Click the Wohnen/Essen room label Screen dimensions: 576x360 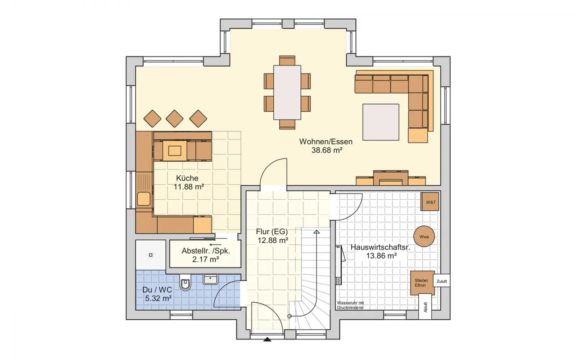click(325, 142)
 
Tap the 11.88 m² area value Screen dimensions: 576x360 click(189, 187)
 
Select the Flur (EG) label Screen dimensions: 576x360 click(272, 232)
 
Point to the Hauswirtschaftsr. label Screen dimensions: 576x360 click(380, 247)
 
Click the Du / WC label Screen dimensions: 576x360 click(157, 290)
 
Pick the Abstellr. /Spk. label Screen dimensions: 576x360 click(206, 251)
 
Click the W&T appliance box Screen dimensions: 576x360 click(430, 202)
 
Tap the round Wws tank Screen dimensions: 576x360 click(424, 237)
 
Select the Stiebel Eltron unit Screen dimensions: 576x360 click(423, 283)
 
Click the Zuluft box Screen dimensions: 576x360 click(441, 281)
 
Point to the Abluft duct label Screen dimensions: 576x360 click(425, 307)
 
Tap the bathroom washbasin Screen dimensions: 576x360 click(210, 279)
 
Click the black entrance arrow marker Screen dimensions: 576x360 click(267, 339)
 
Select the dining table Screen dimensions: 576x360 click(287, 93)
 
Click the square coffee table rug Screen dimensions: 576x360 click(381, 122)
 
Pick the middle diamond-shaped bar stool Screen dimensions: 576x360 click(175, 119)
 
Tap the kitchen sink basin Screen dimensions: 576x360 click(144, 199)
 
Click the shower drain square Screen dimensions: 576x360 click(151, 255)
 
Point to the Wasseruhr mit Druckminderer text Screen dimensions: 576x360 click(351, 305)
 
